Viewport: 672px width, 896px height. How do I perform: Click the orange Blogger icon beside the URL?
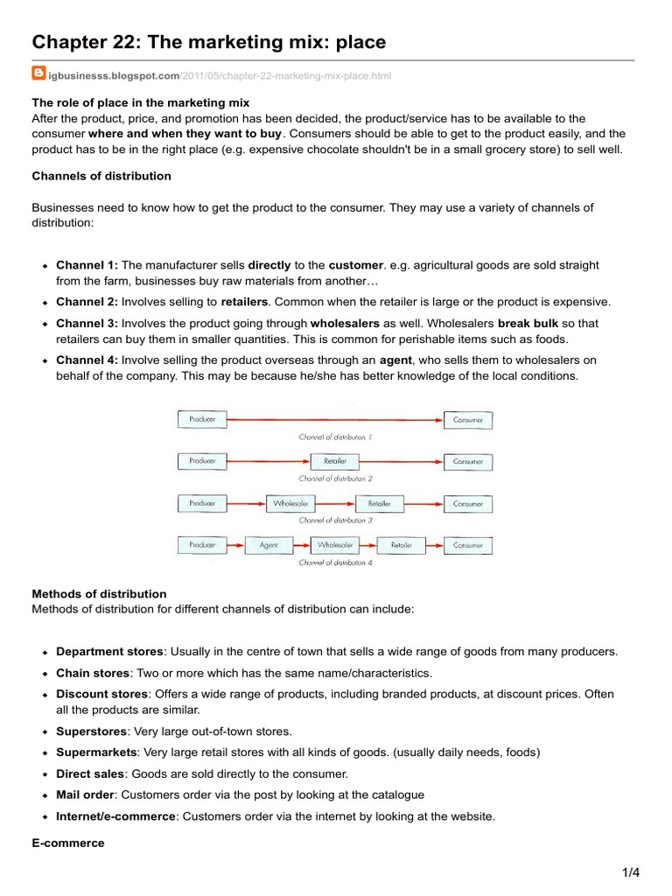coord(38,75)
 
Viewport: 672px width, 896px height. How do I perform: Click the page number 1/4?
coord(632,872)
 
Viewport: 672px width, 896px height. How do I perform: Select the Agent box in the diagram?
coord(269,545)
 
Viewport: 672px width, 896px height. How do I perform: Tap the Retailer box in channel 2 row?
coord(335,461)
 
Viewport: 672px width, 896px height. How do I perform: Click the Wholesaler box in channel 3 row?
coord(290,503)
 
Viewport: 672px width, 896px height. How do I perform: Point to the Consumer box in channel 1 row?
coord(468,420)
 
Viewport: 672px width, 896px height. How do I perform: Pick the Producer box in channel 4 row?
coord(202,545)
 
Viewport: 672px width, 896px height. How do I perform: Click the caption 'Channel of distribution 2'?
coord(335,479)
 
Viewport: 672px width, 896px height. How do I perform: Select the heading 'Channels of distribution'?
coord(101,176)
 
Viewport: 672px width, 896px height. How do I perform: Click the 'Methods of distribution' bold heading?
coord(99,594)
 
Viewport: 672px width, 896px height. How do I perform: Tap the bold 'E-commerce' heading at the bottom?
coord(68,843)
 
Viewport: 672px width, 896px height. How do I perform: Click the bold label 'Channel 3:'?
coord(87,323)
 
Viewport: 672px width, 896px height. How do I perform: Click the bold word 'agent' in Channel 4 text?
coord(395,360)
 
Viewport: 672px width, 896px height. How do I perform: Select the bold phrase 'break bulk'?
coord(528,323)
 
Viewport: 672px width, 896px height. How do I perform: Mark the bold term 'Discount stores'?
coord(101,694)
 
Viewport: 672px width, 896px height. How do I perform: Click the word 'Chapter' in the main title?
coord(74,41)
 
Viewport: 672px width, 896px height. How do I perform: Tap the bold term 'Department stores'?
coord(109,652)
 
